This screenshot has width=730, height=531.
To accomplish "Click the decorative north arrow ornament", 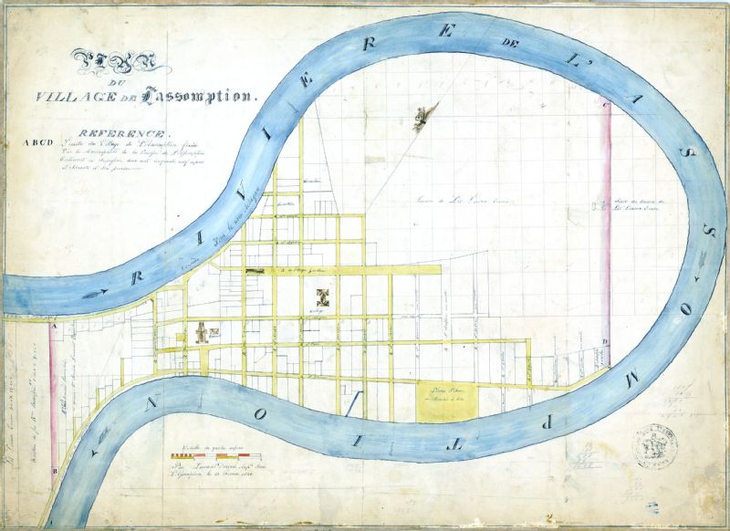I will point(423,118).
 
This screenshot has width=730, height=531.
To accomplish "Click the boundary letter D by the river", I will point(604,342).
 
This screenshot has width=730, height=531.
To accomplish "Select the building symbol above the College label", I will point(321,296).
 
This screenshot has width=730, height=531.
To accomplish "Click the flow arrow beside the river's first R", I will point(100,292).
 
